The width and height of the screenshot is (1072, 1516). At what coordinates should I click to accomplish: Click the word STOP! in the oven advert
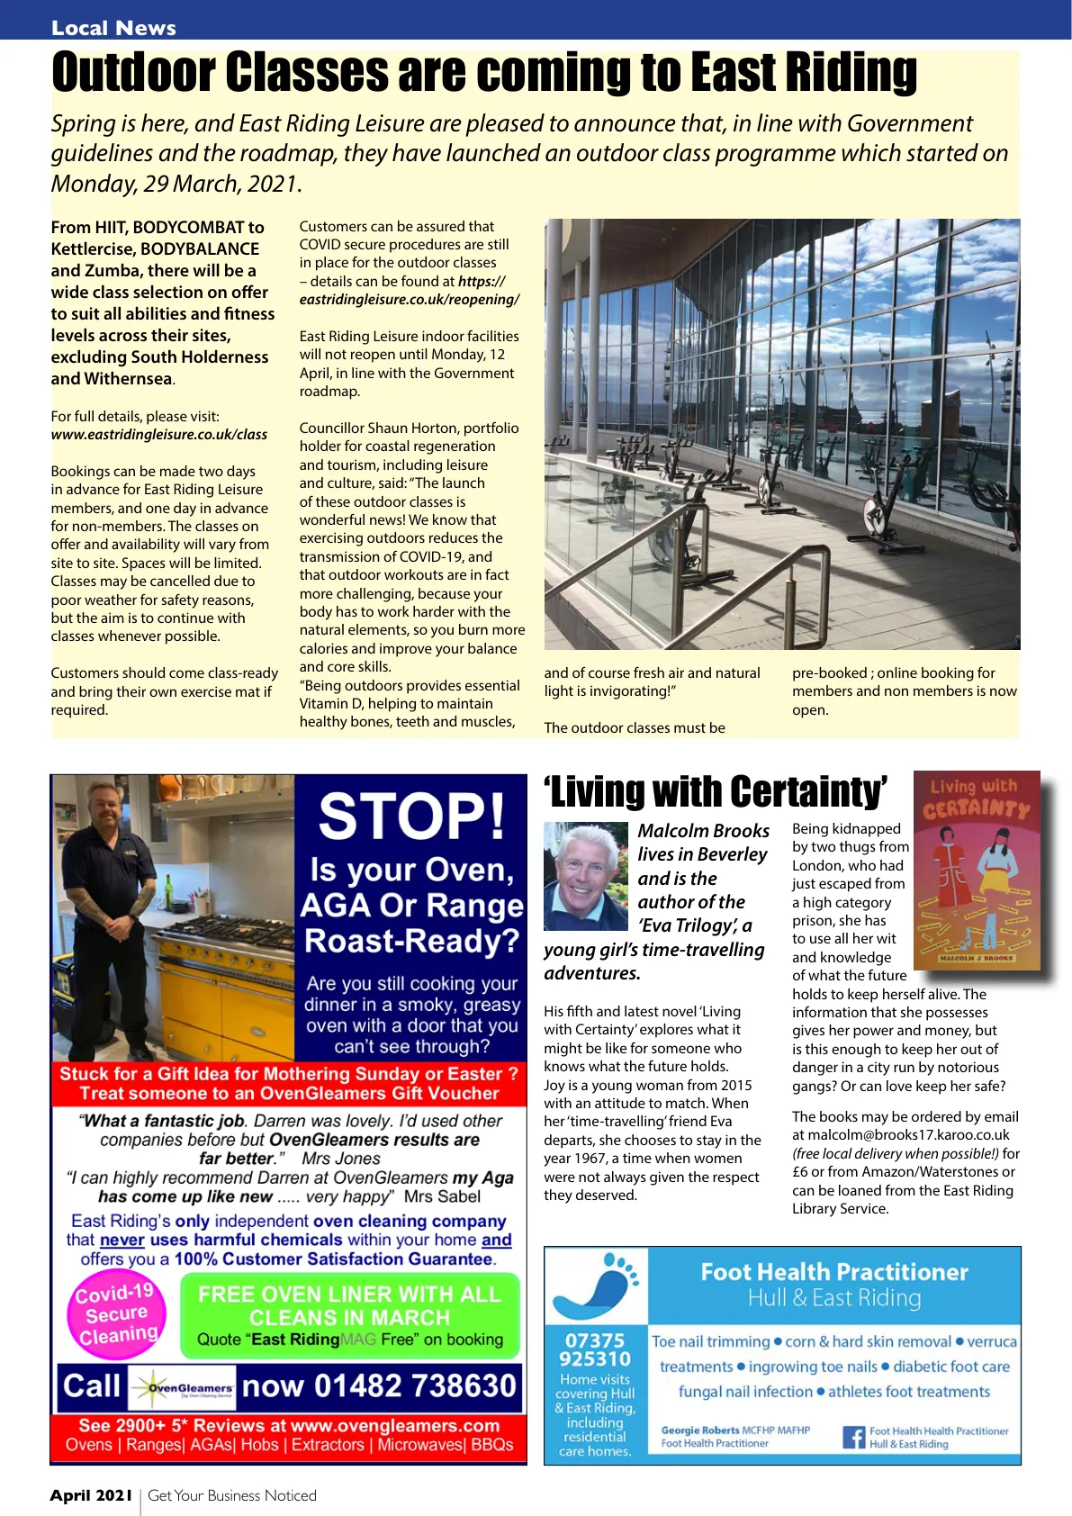tap(411, 817)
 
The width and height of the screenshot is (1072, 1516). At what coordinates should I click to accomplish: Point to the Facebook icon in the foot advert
tap(852, 1437)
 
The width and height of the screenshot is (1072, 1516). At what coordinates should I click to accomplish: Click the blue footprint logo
tap(595, 1284)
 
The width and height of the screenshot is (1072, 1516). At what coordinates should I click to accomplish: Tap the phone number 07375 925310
tap(595, 1349)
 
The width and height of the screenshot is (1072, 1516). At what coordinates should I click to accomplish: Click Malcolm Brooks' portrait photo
tap(585, 875)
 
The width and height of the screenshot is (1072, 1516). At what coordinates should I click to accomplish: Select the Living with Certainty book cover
tap(977, 871)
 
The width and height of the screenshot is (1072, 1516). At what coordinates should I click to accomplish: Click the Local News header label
tap(113, 28)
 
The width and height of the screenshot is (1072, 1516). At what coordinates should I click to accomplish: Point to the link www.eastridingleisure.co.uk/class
tap(159, 435)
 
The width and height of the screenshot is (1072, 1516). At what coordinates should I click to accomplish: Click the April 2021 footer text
tap(91, 1495)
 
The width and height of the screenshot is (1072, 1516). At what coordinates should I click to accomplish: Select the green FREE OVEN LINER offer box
tap(349, 1316)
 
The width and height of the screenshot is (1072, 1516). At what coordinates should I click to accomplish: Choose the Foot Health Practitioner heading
tap(834, 1272)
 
